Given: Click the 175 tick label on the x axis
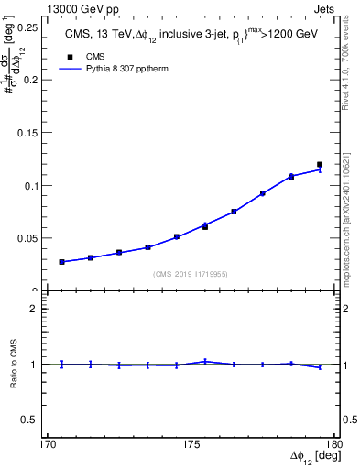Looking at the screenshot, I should [191, 444].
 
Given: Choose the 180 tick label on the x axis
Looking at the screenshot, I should [333, 444].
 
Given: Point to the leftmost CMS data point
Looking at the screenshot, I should [61, 262].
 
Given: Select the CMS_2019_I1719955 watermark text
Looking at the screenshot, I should [191, 274].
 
